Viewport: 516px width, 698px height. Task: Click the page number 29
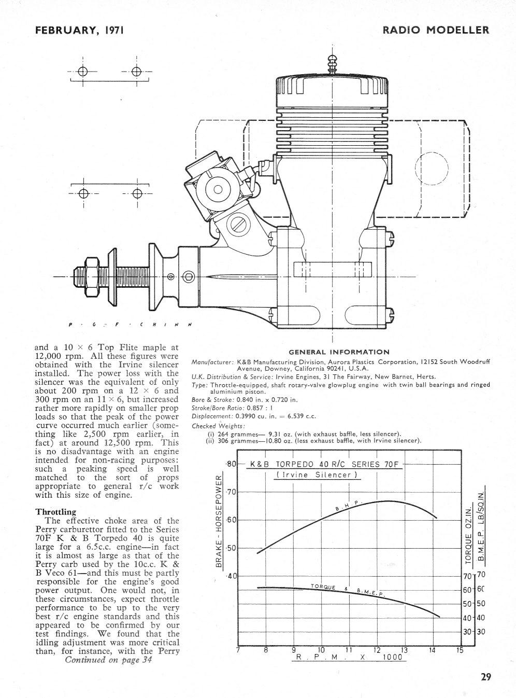point(485,676)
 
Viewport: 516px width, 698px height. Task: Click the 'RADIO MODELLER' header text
point(436,30)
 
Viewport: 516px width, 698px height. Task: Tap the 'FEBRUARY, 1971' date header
point(79,30)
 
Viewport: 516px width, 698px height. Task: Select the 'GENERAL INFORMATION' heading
point(339,352)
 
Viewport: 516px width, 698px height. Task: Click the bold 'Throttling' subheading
point(55,512)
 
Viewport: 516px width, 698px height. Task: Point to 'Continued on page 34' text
point(108,660)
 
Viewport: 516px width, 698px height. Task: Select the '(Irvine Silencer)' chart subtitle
point(317,475)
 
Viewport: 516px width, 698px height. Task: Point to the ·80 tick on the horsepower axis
point(231,464)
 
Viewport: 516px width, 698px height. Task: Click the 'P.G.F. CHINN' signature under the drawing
point(130,325)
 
